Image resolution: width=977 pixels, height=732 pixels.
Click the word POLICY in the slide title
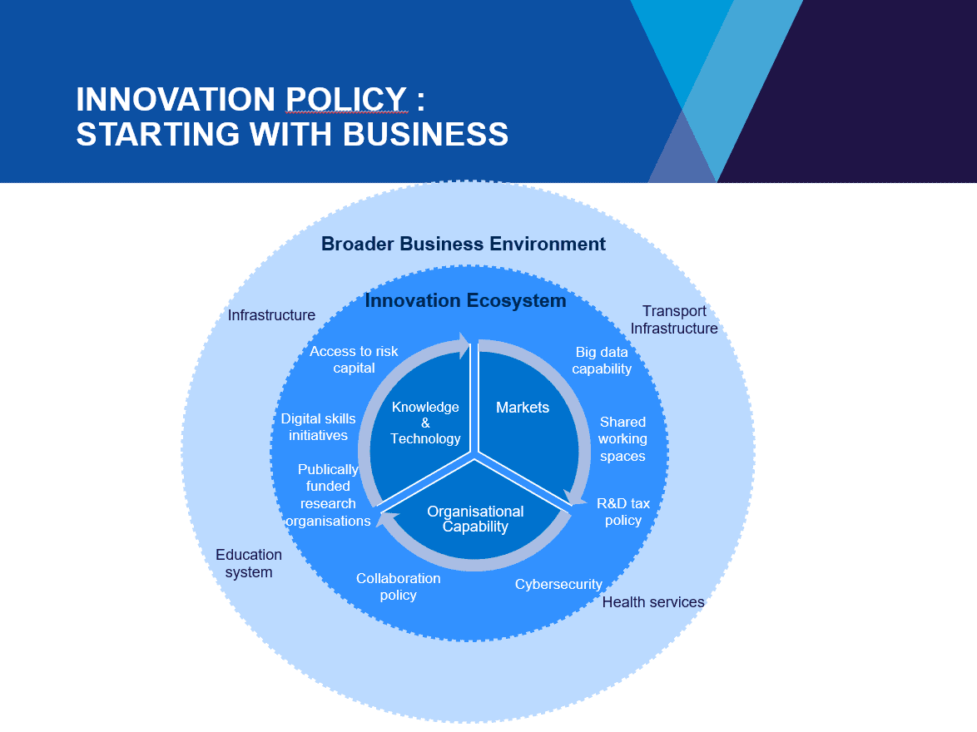[346, 100]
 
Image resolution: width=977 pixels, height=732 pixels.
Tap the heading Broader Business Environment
[464, 244]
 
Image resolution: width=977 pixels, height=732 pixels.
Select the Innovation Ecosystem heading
[465, 300]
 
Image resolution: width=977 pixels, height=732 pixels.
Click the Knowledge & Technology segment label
[425, 423]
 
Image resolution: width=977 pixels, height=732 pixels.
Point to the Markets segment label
[523, 408]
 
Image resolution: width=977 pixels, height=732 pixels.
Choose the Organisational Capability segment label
[475, 519]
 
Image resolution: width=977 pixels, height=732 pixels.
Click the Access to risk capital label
[354, 359]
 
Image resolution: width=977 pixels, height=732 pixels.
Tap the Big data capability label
[602, 360]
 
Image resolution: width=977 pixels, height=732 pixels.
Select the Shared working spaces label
[622, 439]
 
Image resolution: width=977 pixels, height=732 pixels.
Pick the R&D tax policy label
[623, 512]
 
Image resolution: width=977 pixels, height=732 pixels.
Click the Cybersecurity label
[558, 584]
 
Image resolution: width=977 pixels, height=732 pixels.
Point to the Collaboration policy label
[398, 586]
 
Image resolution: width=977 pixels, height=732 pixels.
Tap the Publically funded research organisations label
[328, 495]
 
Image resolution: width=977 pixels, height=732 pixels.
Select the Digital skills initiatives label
[318, 427]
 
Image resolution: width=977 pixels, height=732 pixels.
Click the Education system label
[249, 563]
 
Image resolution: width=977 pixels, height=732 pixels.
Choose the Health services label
[653, 602]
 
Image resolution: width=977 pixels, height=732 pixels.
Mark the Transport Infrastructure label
[674, 319]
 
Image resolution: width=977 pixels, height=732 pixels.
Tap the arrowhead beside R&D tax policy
[575, 497]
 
